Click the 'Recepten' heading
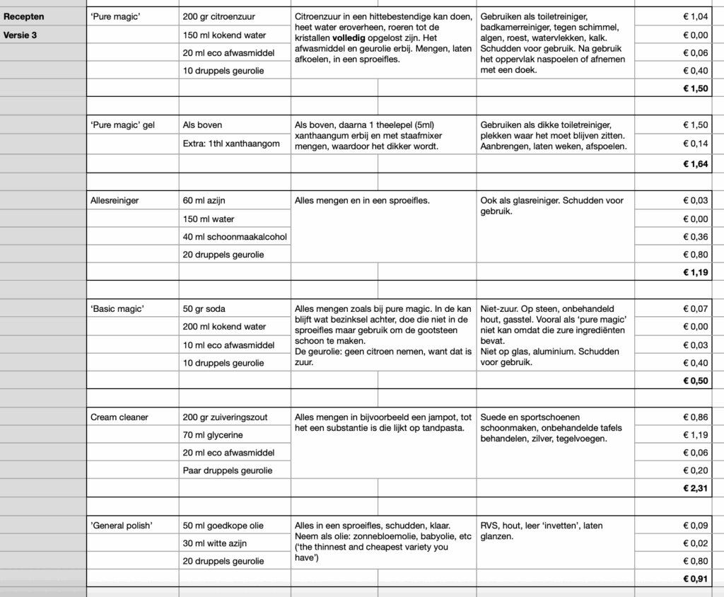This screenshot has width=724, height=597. coord(23,16)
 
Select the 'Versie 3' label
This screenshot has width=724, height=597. coord(21,35)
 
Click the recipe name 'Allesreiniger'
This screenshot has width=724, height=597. coord(115,201)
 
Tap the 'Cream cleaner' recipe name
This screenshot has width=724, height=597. coord(119,417)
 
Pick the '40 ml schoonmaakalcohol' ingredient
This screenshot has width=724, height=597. coord(235,237)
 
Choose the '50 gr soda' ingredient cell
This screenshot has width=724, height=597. coord(204,309)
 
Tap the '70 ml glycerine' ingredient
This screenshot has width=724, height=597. coord(213,435)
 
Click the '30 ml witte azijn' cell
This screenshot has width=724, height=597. coord(214,543)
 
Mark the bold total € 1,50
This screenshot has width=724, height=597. coord(694,88)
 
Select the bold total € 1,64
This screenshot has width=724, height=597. coord(694,164)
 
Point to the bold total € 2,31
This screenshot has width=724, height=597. coord(694,488)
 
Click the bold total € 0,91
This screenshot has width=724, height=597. coord(694,579)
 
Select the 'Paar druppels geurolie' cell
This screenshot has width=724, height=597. coord(227,470)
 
